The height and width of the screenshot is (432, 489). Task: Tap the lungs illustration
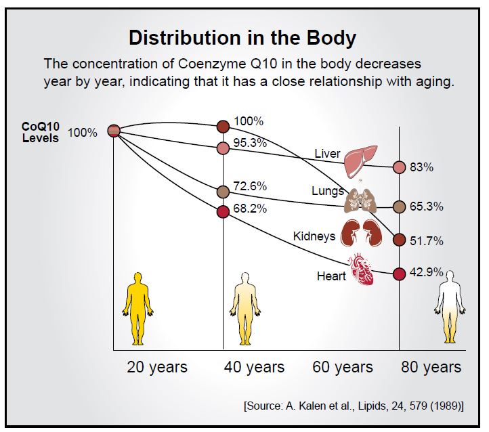tap(360, 200)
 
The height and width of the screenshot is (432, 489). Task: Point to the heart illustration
tap(361, 270)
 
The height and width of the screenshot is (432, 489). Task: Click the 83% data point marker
tap(399, 167)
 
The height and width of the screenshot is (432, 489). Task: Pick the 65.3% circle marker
tap(399, 207)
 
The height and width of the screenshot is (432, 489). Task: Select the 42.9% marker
tap(399, 274)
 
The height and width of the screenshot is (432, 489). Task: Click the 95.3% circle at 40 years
tap(223, 148)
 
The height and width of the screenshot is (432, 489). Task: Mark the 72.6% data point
tap(223, 192)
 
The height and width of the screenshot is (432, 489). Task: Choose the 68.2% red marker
tap(223, 212)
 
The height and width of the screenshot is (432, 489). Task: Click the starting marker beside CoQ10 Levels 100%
tap(114, 131)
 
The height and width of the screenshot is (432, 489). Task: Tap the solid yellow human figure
tap(137, 309)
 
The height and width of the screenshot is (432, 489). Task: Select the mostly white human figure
tap(450, 307)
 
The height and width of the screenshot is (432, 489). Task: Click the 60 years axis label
tap(343, 368)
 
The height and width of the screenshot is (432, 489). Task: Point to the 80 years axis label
tap(431, 368)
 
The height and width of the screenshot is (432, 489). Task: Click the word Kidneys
tap(314, 236)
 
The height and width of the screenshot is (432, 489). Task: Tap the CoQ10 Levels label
tap(40, 132)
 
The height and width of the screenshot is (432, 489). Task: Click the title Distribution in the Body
tap(242, 37)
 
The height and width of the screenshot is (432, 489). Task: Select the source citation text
tap(354, 406)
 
